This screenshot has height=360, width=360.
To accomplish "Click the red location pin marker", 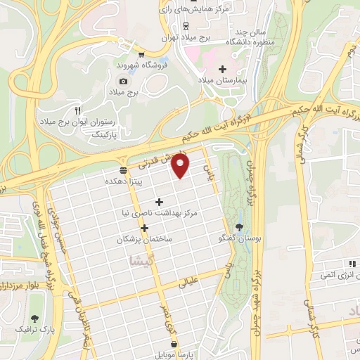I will click(x=181, y=166).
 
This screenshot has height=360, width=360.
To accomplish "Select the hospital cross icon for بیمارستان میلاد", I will click(x=223, y=70).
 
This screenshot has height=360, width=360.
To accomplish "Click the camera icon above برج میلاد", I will click(x=124, y=81).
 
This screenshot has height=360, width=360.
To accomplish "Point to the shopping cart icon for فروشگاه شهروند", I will click(x=141, y=53).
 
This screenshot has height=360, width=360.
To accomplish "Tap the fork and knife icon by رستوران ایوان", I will click(x=77, y=110).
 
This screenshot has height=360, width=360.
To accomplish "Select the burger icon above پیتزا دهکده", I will click(x=123, y=171).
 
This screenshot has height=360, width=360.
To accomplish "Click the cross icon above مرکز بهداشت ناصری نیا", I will click(x=159, y=202).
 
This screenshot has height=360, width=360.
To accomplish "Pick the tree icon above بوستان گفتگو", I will click(x=242, y=226).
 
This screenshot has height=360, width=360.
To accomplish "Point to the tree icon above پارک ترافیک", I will click(x=35, y=319).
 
